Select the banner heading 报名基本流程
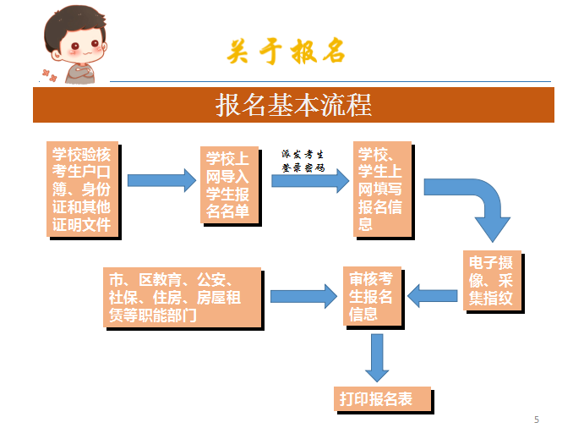293,105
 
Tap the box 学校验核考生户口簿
81,189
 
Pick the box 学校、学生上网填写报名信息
381,188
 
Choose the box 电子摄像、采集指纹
492,279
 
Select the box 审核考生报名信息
373,296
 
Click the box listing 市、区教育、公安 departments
181,296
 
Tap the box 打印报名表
382,398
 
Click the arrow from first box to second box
161,180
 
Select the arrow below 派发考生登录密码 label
309,180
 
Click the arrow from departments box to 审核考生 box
303,296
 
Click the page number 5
537,420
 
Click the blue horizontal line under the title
330,81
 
